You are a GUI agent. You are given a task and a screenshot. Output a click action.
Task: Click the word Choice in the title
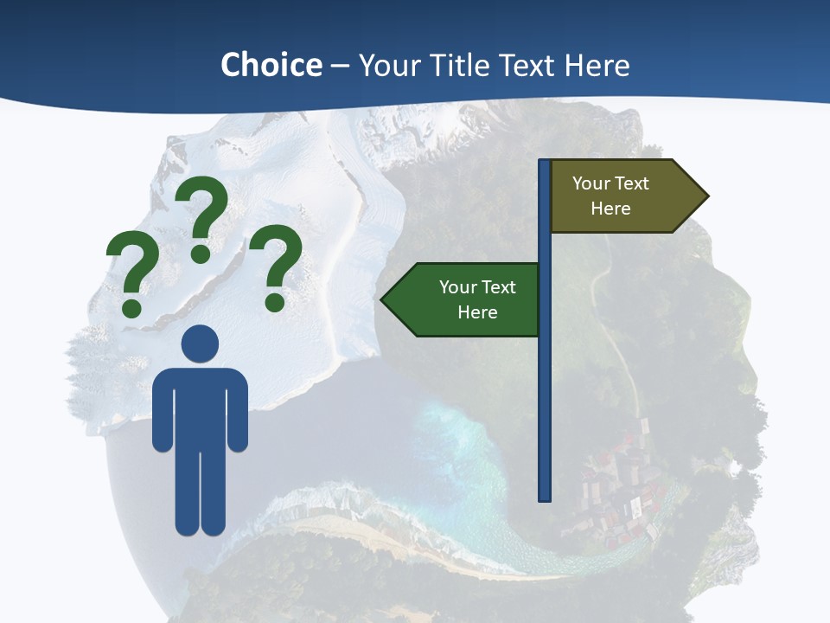pos(271,65)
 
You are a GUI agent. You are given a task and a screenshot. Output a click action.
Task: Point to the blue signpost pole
pos(545,389)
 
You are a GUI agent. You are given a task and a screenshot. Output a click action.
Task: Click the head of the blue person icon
pos(200,344)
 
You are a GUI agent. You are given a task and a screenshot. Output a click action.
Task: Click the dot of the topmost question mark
pos(201,254)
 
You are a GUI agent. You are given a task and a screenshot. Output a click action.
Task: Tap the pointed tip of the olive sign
pos(706,196)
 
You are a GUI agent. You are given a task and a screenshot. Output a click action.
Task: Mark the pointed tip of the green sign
pos(383,300)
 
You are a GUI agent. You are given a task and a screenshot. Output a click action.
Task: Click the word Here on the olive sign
pos(610,209)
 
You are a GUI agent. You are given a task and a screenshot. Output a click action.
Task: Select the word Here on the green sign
pos(477,312)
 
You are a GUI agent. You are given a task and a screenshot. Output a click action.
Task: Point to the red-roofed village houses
pos(618,502)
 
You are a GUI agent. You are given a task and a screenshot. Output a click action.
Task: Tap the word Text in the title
pos(525,65)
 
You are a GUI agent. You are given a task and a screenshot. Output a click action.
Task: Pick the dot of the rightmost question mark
pos(275,303)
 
